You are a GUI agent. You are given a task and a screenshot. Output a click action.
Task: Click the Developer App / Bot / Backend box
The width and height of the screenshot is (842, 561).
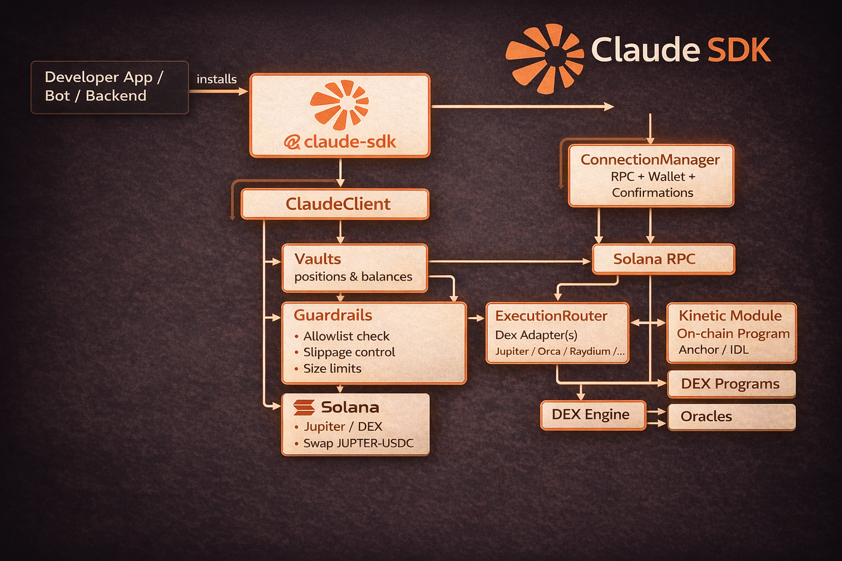tap(109, 87)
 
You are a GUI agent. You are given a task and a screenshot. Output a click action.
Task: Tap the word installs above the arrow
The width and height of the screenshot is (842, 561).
tap(217, 79)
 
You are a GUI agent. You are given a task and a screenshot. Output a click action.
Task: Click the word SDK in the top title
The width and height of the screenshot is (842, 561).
tap(739, 50)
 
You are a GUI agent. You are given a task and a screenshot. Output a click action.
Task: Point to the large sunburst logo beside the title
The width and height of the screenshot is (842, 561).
tap(544, 58)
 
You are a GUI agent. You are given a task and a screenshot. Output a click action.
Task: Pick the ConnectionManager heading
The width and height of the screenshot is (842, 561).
tap(650, 159)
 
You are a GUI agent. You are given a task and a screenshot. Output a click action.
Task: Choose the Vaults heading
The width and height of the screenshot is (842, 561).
tap(317, 259)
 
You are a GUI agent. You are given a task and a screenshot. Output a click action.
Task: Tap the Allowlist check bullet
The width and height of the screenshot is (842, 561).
tap(346, 336)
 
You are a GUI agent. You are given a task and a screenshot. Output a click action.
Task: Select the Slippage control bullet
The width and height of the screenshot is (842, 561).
tap(349, 352)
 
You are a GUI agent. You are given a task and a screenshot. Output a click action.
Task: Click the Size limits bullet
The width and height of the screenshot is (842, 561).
tap(332, 368)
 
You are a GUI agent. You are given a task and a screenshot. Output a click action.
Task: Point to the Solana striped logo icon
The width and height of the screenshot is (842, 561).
tap(304, 407)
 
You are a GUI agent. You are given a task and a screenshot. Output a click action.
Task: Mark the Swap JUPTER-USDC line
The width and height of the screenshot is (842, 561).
tap(358, 443)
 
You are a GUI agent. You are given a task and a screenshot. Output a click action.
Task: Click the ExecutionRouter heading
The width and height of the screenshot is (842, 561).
tap(551, 316)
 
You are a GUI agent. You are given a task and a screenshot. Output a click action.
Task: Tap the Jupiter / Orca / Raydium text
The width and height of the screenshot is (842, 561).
tap(560, 351)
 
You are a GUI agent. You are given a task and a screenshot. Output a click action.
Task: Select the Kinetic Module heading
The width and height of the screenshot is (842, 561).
tap(730, 316)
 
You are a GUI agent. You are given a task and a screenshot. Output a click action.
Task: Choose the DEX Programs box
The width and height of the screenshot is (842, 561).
tap(731, 383)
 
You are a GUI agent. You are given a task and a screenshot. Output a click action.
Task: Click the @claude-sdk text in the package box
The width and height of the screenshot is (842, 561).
tap(340, 142)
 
